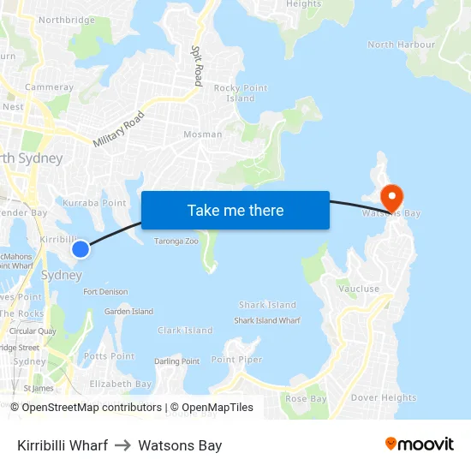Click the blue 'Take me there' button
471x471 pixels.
[x=235, y=210]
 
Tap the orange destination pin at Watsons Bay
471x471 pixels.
[x=391, y=196]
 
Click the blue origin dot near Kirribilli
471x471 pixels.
[x=80, y=249]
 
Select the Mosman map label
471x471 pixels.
[x=202, y=134]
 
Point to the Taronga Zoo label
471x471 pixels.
[x=176, y=241]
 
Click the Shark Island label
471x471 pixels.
[x=267, y=305]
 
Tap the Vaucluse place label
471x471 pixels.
[x=359, y=289]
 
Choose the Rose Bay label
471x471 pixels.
[x=306, y=399]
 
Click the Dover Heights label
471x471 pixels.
[x=384, y=397]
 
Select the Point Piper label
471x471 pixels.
[x=237, y=360]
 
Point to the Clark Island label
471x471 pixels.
[x=185, y=331]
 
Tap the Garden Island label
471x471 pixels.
[x=128, y=312]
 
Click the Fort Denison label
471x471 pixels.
[x=105, y=292]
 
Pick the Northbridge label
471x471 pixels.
[x=67, y=20]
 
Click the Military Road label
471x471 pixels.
[x=121, y=130]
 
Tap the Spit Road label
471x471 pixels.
[x=196, y=66]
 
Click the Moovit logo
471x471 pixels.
[x=420, y=444]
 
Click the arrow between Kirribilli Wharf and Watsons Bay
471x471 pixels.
[x=122, y=445]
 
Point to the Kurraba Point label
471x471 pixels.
[x=94, y=203]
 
